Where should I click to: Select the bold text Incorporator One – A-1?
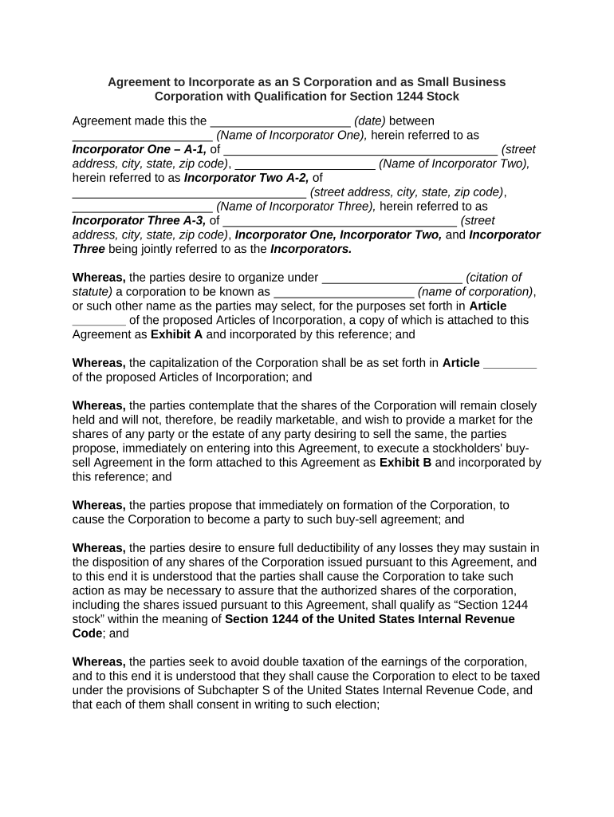140,150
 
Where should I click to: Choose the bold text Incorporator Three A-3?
140,220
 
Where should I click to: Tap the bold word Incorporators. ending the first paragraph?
311,249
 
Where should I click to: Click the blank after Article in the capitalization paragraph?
510,363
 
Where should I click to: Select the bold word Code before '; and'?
88,633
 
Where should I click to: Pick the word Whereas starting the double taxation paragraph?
98,662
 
